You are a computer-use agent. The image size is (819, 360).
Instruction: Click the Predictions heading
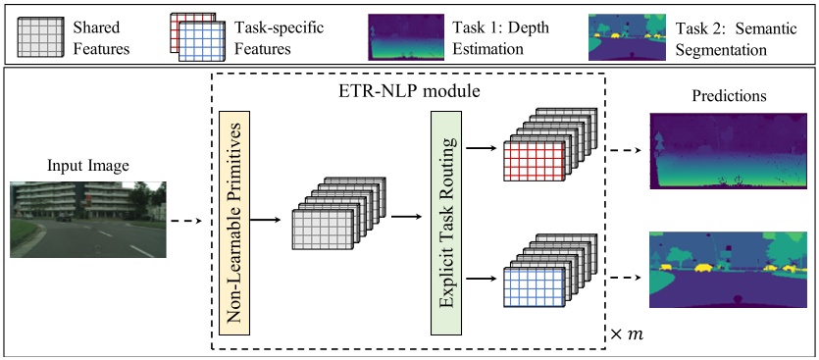(729, 97)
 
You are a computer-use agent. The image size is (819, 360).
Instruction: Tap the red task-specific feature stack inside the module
(535, 158)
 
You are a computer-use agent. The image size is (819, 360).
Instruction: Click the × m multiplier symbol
(627, 336)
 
